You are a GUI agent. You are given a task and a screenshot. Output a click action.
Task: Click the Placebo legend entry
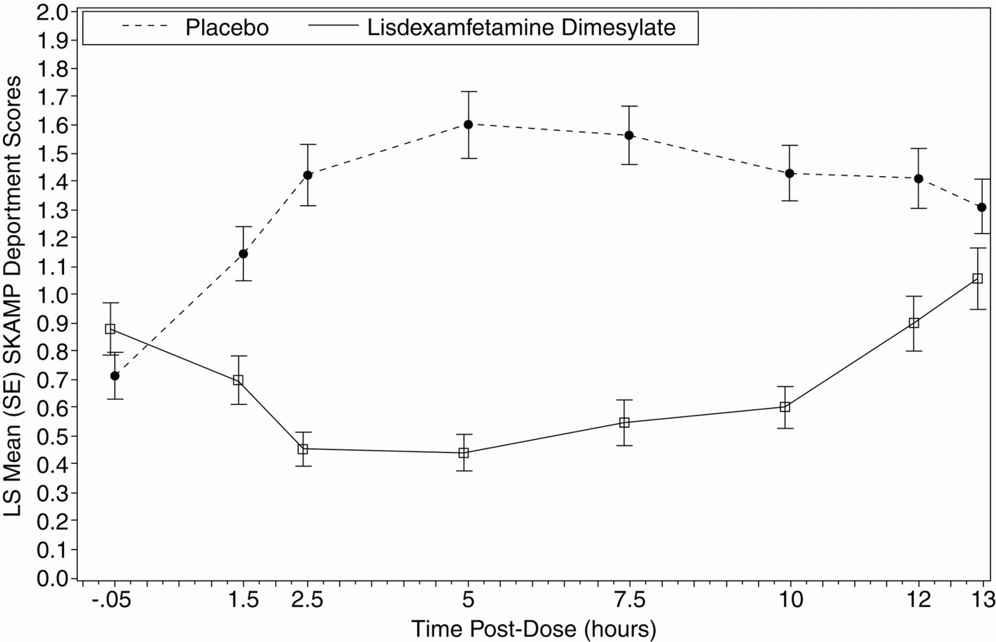coord(227,28)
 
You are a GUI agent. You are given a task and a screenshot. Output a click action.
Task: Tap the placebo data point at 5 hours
coord(468,124)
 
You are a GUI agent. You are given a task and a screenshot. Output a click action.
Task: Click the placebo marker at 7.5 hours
coord(629,135)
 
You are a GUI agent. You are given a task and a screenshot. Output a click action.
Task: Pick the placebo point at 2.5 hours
coord(308,175)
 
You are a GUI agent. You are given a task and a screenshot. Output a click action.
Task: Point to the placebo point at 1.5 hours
coord(243,253)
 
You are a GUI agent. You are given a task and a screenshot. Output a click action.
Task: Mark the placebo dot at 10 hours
coord(790,173)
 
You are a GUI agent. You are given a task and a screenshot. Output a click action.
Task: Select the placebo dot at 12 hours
coord(918,179)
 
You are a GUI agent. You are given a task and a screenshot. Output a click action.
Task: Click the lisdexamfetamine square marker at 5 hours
coord(463,453)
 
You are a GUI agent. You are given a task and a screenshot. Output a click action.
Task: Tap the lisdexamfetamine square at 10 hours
coord(785,407)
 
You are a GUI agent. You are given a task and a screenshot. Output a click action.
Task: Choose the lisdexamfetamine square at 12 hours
coord(914,323)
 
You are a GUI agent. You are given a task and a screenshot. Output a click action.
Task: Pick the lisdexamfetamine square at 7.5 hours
coord(624,422)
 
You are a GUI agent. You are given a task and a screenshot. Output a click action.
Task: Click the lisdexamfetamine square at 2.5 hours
coord(303,449)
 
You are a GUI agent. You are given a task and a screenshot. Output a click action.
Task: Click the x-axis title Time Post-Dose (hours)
coord(533,628)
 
